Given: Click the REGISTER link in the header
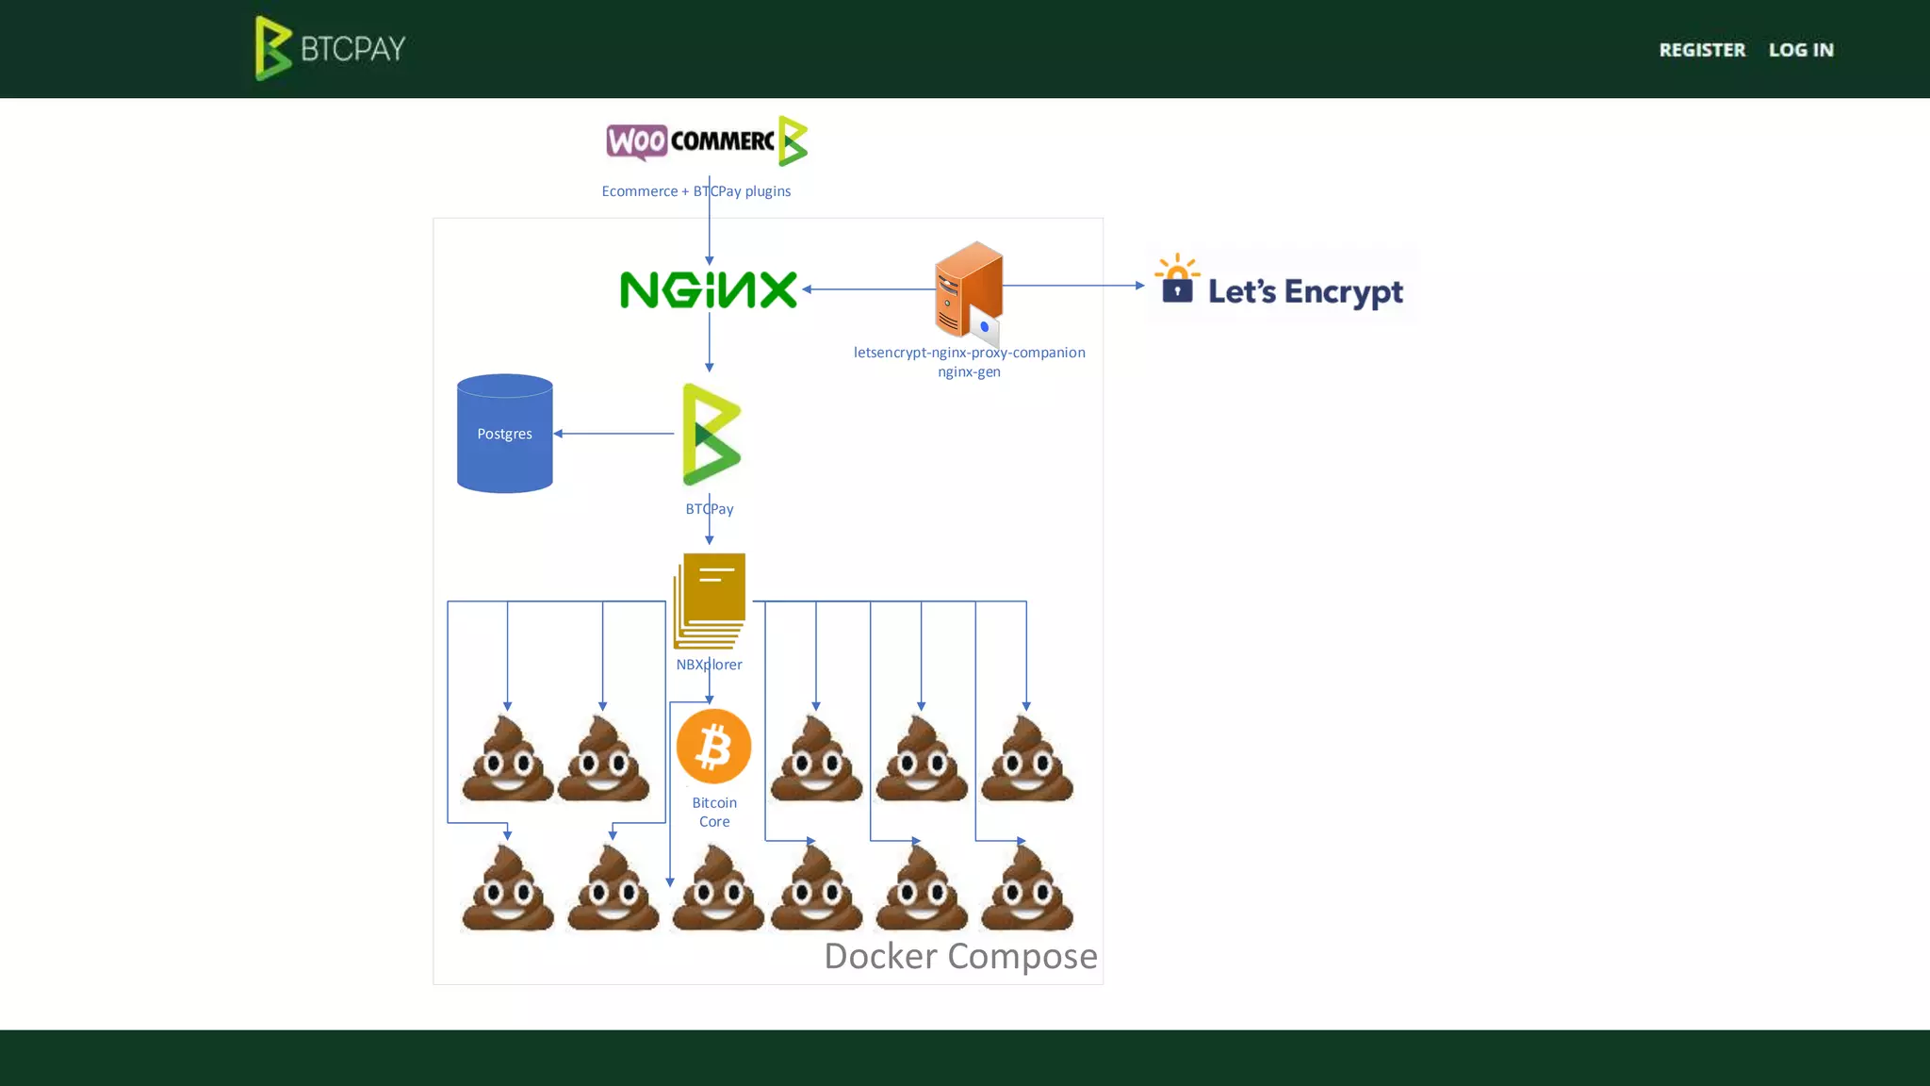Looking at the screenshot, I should click(1701, 50).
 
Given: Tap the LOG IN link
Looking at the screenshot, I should click(1800, 50).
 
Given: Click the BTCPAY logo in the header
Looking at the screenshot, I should click(330, 48).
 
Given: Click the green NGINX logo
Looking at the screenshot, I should click(709, 289).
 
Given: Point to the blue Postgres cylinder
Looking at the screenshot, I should click(504, 434).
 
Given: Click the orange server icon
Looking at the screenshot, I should click(968, 289).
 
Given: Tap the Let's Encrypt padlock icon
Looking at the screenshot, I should click(1177, 280).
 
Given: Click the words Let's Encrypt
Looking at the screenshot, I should click(1305, 291).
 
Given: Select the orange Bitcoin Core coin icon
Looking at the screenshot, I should click(713, 746).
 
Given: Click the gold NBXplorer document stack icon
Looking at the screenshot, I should click(710, 601).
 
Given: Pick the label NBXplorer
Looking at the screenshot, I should click(709, 665).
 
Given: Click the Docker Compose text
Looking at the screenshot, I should click(960, 956).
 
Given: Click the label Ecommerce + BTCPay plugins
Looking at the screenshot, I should click(695, 191).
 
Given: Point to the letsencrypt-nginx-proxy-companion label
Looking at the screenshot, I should click(969, 353).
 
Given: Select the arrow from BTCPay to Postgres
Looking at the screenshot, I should click(614, 434).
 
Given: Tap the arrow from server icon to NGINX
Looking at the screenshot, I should click(867, 289).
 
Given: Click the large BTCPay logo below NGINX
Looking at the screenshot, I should click(711, 435).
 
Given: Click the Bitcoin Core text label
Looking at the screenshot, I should click(714, 812).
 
